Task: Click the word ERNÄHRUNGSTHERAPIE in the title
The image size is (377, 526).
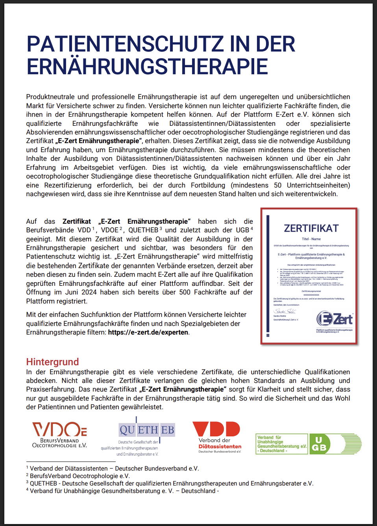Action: pyautogui.click(x=147, y=66)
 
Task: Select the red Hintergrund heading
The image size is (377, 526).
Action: pyautogui.click(x=52, y=362)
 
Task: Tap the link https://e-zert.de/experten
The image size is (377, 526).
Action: pyautogui.click(x=148, y=332)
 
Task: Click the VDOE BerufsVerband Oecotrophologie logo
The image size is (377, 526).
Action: pyautogui.click(x=59, y=435)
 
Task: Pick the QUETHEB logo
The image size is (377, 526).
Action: pyautogui.click(x=146, y=430)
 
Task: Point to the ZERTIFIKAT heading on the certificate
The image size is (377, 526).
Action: pyautogui.click(x=311, y=228)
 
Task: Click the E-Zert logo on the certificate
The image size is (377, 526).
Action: pyautogui.click(x=335, y=319)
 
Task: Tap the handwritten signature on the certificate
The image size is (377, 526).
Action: pyautogui.click(x=285, y=311)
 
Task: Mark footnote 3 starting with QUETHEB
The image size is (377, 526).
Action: pyautogui.click(x=170, y=484)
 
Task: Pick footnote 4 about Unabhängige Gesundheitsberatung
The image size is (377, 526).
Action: pyautogui.click(x=122, y=491)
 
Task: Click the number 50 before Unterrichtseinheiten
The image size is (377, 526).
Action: pyautogui.click(x=277, y=185)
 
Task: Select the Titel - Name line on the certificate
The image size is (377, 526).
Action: pyautogui.click(x=311, y=239)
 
